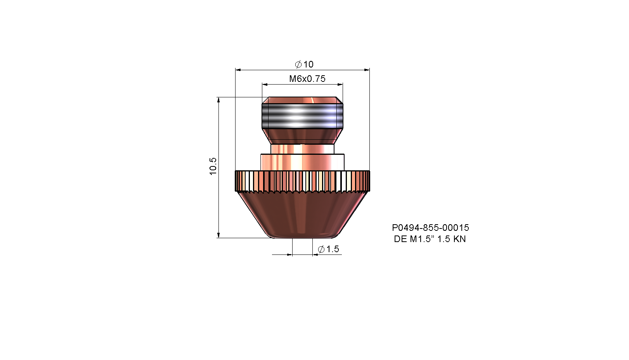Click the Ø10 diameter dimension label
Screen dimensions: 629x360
(x=304, y=64)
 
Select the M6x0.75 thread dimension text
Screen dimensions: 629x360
(x=307, y=79)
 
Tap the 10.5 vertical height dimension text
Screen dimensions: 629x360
(x=213, y=166)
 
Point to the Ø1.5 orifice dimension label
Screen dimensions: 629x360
(x=328, y=249)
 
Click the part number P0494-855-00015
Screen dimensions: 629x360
(x=430, y=227)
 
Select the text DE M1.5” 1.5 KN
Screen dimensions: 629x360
(x=430, y=239)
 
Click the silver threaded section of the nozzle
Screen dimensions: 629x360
(x=302, y=116)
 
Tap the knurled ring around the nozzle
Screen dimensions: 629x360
(x=302, y=181)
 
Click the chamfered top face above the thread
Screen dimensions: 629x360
(x=302, y=100)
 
